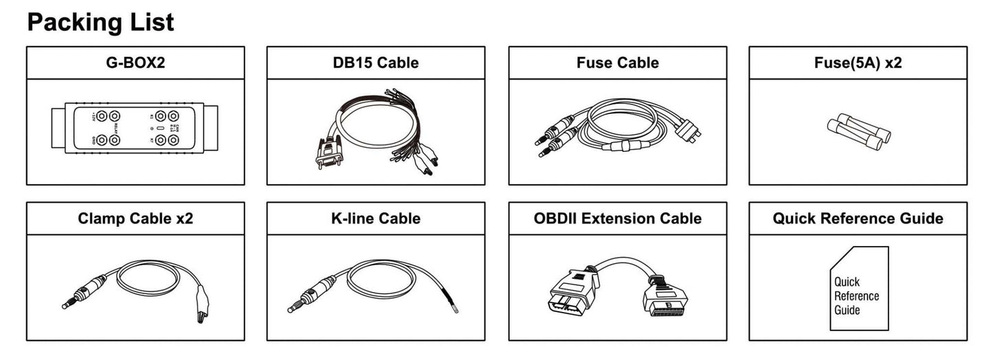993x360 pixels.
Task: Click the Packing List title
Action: [x=100, y=22]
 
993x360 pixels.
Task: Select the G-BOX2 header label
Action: [x=135, y=63]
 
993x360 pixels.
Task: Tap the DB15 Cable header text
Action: [x=375, y=63]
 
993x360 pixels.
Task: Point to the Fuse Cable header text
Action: [x=617, y=63]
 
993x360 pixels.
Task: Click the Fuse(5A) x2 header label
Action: [x=858, y=63]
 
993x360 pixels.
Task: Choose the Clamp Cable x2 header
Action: [x=135, y=218]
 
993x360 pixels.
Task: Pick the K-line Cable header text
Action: [x=375, y=218]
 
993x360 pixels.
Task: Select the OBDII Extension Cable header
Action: [x=617, y=218]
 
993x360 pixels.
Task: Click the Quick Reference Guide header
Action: [x=858, y=218]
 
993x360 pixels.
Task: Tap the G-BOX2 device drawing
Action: [x=135, y=128]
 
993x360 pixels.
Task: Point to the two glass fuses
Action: [x=859, y=129]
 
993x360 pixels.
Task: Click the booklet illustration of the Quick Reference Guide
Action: [x=859, y=289]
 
